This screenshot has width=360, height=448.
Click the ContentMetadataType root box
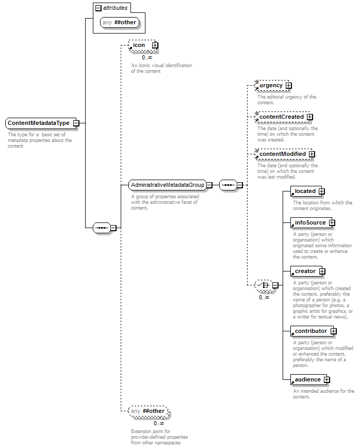tap(41, 123)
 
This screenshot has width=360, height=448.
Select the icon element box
tap(142, 45)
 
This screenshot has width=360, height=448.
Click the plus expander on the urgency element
tap(289, 86)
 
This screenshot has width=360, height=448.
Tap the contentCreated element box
tap(283, 117)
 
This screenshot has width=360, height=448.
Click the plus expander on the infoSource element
tap(332, 222)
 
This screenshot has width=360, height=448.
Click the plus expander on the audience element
tap(327, 380)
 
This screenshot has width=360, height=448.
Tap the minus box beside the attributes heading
tap(98, 8)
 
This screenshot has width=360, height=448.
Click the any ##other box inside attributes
tap(120, 23)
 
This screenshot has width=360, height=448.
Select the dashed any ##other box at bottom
tap(149, 411)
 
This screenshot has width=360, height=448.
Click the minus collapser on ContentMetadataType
tap(76, 123)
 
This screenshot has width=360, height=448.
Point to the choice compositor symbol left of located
tap(264, 285)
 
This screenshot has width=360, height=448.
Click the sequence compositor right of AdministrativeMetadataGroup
tap(228, 185)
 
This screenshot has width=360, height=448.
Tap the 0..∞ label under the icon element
tap(147, 57)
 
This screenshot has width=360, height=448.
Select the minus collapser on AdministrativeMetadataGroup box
tap(209, 185)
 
